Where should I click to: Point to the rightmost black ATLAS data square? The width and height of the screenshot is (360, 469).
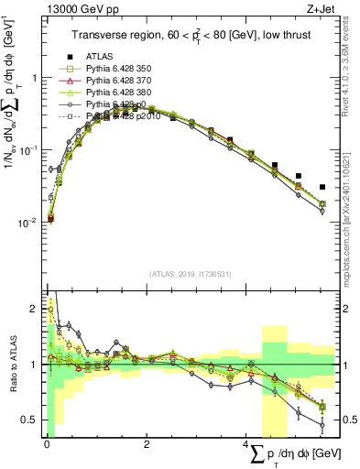click(x=322, y=187)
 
